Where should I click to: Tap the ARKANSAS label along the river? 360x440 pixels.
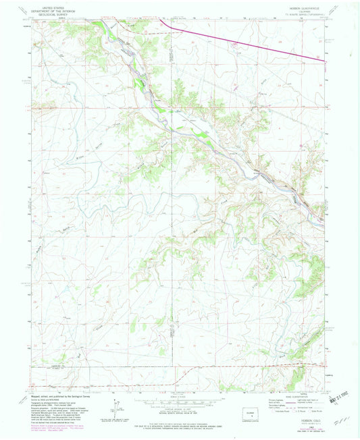click(267, 179)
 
